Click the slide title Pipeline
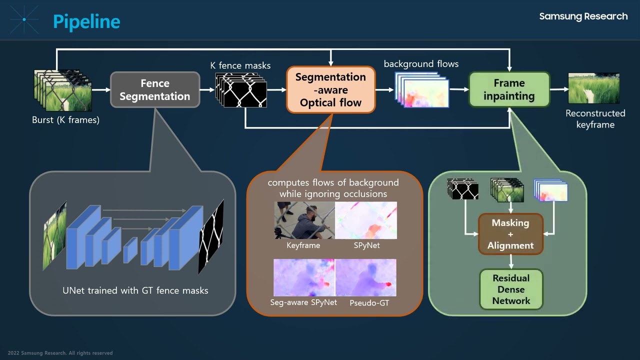[x=86, y=21]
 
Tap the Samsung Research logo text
[x=583, y=16]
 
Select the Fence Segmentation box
[x=155, y=90]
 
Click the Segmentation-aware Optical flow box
[x=330, y=90]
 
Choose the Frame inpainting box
[x=509, y=89]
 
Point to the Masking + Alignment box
[x=510, y=234]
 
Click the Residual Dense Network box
[x=511, y=289]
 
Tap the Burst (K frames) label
[x=65, y=120]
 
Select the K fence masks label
[x=240, y=65]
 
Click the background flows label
[x=421, y=64]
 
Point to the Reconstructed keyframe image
[x=594, y=88]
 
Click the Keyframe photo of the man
[x=304, y=220]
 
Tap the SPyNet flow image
[x=366, y=220]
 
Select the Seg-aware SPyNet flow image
[x=304, y=277]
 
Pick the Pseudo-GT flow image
[x=366, y=277]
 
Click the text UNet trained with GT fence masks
[x=135, y=290]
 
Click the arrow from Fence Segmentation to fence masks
[x=207, y=90]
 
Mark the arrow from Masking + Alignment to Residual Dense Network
[x=511, y=261]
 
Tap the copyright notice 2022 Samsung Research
[x=60, y=353]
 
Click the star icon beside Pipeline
[x=24, y=20]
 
